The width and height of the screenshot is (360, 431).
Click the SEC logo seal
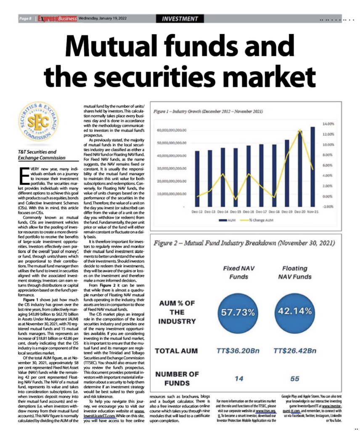point(40,122)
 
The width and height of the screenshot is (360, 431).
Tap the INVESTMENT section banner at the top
point(183,19)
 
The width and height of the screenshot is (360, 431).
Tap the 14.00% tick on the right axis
point(328,124)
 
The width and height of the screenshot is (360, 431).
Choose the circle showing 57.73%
point(239,312)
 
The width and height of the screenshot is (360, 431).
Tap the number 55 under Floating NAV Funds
point(294,379)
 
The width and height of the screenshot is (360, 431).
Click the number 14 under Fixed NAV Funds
point(239,379)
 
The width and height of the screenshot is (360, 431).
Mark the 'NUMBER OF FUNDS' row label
point(177,378)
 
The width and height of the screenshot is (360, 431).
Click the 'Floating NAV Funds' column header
point(294,272)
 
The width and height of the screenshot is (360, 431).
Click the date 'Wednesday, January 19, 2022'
point(103,19)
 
